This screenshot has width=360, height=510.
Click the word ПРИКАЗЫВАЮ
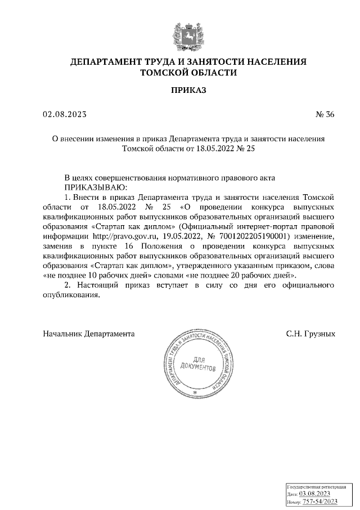pyautogui.click(x=96, y=186)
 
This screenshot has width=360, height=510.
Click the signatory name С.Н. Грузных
pyautogui.click(x=310, y=334)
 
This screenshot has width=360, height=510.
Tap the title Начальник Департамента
pyautogui.click(x=89, y=334)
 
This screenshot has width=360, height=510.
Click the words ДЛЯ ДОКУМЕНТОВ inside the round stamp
pyautogui.click(x=196, y=365)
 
